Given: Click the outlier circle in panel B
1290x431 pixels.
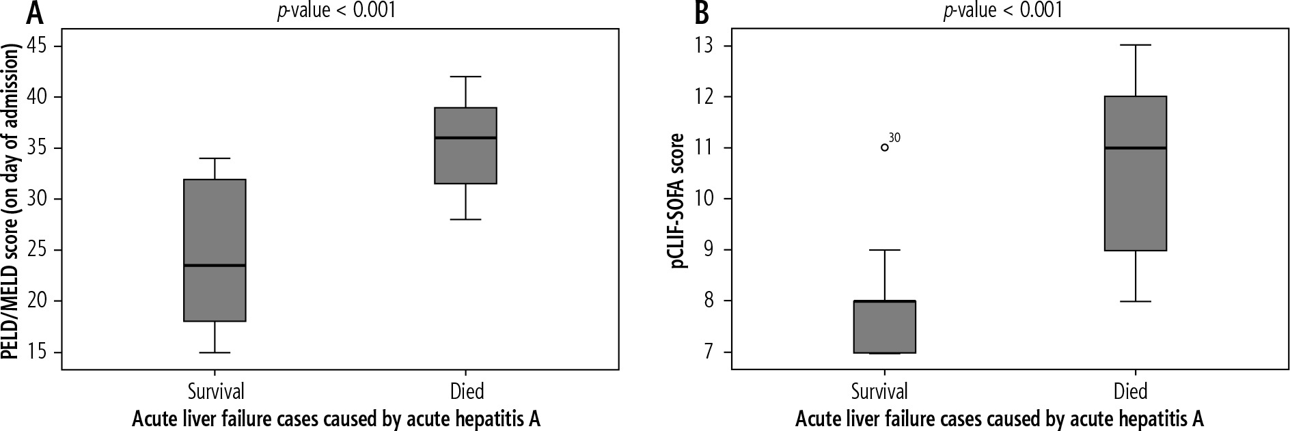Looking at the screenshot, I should pos(885,147).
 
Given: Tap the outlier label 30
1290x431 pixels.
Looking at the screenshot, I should pos(895,138).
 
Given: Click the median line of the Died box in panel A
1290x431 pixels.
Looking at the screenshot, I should pos(466,138).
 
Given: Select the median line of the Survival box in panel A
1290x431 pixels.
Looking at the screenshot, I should pos(215,265).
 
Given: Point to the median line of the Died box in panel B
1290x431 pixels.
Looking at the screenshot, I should pos(1135,148).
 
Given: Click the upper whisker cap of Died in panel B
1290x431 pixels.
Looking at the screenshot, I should pos(1135,45).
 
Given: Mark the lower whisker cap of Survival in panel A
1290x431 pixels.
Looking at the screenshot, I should pos(215,352).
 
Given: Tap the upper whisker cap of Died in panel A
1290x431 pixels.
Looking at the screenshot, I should pos(466,77).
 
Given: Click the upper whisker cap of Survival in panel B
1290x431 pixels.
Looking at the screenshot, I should pos(885,250).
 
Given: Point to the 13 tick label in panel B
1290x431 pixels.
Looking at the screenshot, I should pos(705,46).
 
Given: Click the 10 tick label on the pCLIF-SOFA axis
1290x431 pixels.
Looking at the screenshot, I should pos(705,199).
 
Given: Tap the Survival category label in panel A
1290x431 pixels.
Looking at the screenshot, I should pos(216,391).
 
